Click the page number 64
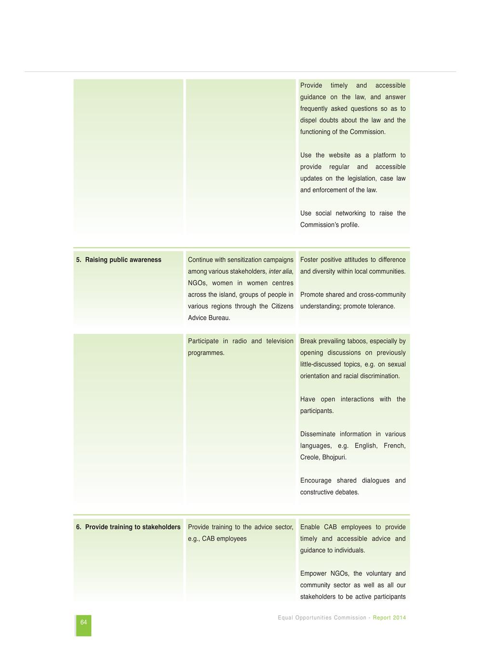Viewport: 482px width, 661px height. (x=84, y=622)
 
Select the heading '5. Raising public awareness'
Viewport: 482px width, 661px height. (x=119, y=260)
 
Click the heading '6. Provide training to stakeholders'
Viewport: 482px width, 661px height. (x=128, y=527)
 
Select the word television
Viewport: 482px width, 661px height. (x=279, y=341)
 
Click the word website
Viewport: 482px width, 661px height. (x=340, y=155)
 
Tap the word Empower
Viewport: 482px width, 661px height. (x=313, y=574)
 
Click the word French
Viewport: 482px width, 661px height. (x=394, y=446)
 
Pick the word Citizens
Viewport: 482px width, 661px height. (x=282, y=306)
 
